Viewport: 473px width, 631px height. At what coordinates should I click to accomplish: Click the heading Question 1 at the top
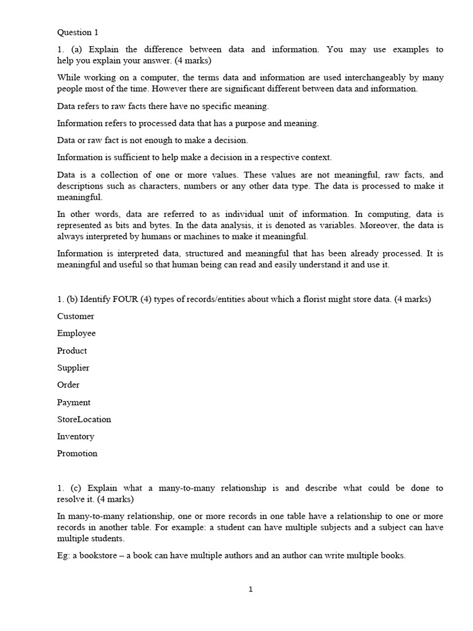78,32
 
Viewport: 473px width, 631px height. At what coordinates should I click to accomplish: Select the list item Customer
76,316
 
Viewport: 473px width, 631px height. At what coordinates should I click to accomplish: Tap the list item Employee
76,333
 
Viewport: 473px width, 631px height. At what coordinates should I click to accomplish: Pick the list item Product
72,351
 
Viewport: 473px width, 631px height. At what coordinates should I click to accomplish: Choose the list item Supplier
73,368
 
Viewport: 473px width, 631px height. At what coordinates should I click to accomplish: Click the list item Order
68,385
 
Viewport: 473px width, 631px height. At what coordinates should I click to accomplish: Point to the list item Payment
74,402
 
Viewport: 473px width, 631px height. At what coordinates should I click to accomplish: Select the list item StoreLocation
84,419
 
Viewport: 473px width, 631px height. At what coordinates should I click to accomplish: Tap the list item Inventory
76,436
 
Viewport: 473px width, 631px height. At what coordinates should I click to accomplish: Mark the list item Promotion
77,454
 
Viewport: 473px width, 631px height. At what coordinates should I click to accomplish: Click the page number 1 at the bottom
251,589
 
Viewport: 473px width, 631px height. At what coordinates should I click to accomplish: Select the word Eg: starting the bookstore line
63,555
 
